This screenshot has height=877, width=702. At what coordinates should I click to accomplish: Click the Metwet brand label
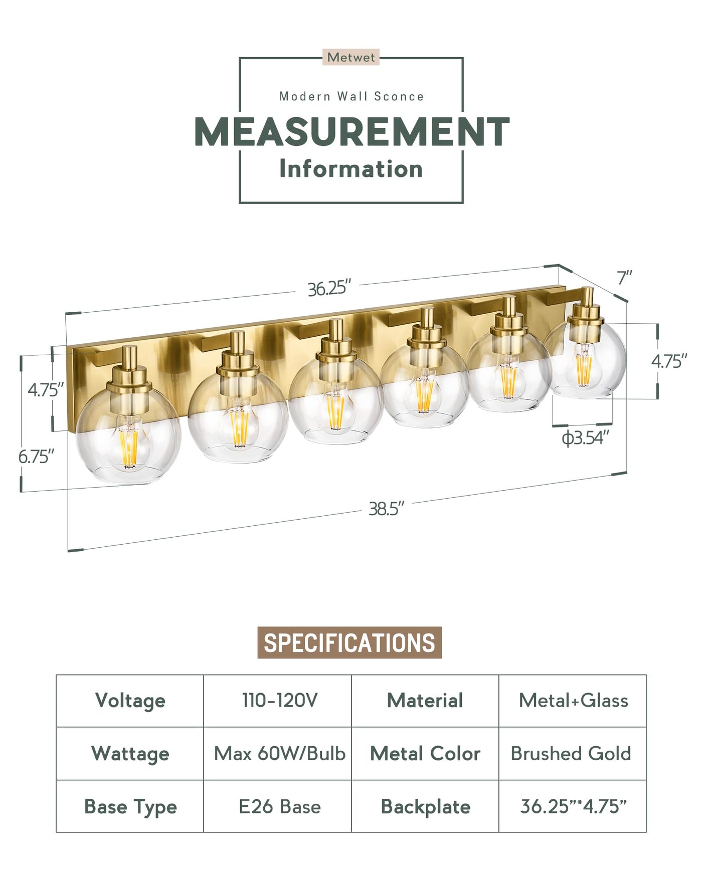351,58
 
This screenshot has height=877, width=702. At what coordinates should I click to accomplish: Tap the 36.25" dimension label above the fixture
329,289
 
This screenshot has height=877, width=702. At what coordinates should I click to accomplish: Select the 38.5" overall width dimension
386,509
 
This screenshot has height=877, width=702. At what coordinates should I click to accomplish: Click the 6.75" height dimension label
36,457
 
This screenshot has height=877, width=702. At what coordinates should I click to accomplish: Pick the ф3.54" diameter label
585,438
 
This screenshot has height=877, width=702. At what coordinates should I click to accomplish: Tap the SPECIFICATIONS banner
349,642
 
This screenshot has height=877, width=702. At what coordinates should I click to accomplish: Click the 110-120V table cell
280,701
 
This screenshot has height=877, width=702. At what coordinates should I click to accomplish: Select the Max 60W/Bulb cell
280,754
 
